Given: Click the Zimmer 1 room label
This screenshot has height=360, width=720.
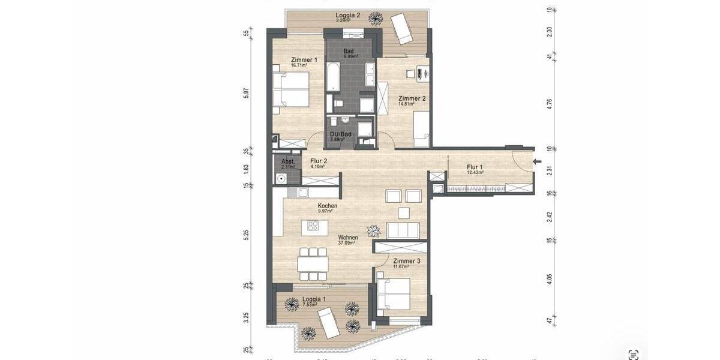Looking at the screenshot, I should [304, 60].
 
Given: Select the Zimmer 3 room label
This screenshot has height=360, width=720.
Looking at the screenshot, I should [407, 261].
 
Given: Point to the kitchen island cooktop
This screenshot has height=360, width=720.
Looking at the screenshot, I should [313, 226].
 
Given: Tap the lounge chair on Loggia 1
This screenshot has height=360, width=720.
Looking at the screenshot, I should [328, 322].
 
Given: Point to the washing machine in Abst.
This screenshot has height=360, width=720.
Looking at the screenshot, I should [281, 178].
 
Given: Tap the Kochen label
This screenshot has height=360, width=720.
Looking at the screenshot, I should [328, 206].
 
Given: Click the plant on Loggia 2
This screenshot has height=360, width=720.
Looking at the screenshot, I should [376, 19].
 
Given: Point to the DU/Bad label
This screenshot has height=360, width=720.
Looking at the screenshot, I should [340, 134].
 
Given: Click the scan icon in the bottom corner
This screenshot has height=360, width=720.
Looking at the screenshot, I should [632, 354].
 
